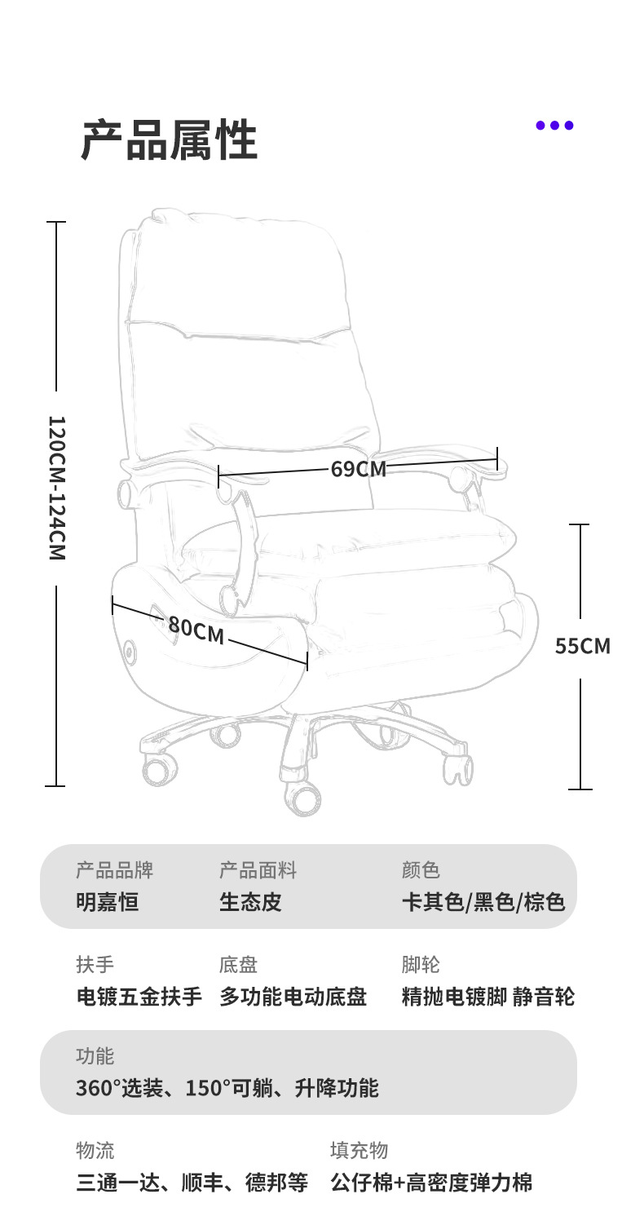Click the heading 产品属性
[169, 140]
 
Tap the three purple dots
[554, 126]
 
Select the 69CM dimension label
[358, 469]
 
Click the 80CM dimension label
[196, 630]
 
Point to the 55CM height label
[582, 646]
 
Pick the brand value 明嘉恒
[107, 902]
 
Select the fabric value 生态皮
[250, 902]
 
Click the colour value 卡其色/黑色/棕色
[483, 902]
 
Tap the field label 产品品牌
[114, 870]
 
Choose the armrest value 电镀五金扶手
[139, 997]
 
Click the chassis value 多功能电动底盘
[293, 997]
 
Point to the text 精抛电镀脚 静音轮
[487, 997]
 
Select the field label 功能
[95, 1056]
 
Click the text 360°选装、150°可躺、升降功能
[227, 1088]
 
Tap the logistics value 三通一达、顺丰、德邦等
[192, 1183]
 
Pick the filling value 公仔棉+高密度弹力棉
[431, 1183]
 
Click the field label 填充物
[359, 1151]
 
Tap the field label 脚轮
[421, 965]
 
